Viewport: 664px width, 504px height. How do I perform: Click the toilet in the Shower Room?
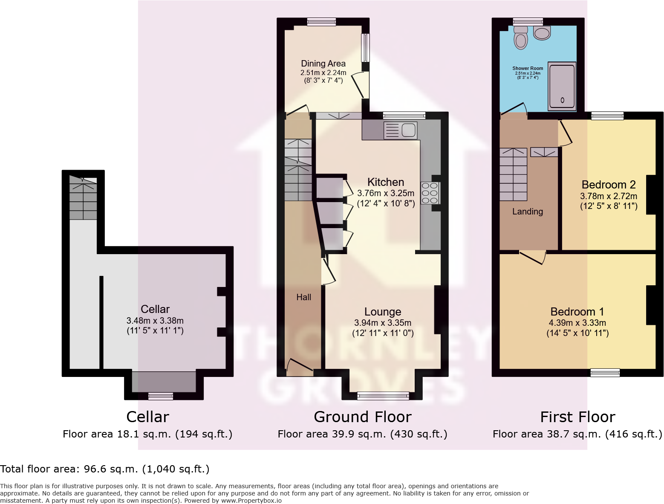(x=520, y=38)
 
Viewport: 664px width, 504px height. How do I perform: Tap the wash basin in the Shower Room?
(x=542, y=33)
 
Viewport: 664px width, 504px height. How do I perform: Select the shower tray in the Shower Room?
(x=562, y=86)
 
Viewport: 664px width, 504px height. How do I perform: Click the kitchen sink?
(x=401, y=130)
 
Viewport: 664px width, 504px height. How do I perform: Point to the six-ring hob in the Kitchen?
(x=430, y=193)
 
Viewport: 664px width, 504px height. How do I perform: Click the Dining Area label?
(x=323, y=64)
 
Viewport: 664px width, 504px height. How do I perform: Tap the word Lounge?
(x=383, y=312)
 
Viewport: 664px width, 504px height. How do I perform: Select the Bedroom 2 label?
(x=608, y=185)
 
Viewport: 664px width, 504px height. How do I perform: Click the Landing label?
(x=527, y=211)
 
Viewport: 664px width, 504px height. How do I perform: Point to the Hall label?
(x=303, y=297)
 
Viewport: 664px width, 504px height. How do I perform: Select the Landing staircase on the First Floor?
(x=513, y=174)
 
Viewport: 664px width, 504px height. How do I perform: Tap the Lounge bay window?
(x=383, y=396)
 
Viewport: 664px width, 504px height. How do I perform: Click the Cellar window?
(x=161, y=397)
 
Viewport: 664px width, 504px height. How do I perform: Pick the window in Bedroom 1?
(x=605, y=373)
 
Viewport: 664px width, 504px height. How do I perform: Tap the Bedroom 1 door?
(x=532, y=257)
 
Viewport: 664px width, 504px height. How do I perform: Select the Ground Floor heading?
(x=362, y=417)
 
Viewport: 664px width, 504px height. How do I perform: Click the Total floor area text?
(x=105, y=469)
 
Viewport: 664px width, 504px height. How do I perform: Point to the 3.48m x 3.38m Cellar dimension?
(x=155, y=321)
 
